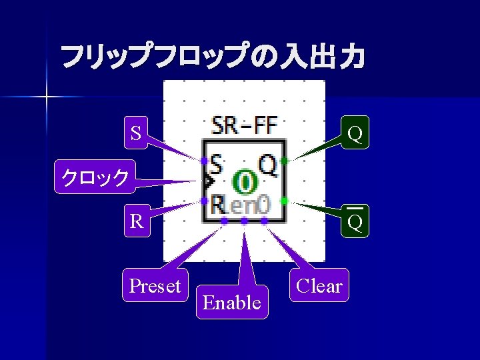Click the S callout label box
tap(136, 133)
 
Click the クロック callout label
tap(95, 177)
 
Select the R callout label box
tap(136, 221)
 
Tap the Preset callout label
tap(155, 286)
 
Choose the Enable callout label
tap(231, 303)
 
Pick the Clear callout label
tap(319, 286)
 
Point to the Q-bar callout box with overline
tap(355, 221)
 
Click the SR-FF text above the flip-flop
tap(244, 125)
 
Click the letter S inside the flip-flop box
tap(216, 162)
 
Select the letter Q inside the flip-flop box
tap(268, 164)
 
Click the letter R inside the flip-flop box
tap(216, 204)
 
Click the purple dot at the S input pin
tap(204, 160)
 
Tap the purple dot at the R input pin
tap(204, 201)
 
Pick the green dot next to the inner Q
tap(285, 161)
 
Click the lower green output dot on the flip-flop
tap(285, 201)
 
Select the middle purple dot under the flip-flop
tap(245, 220)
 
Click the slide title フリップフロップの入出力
tap(213, 57)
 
